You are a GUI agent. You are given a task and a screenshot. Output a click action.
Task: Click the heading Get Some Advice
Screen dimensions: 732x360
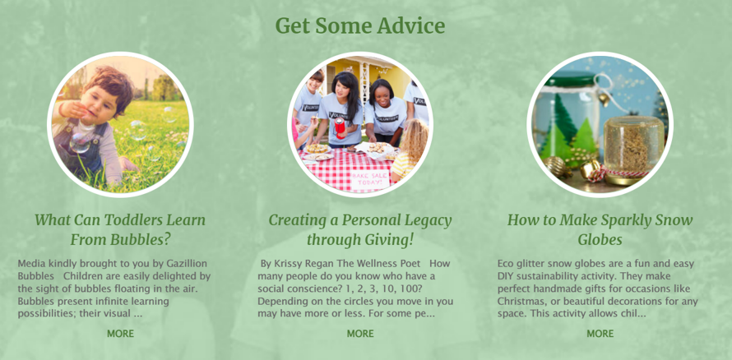point(360,26)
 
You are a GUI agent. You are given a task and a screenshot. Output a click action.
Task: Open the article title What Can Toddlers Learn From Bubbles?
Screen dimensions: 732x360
point(120,229)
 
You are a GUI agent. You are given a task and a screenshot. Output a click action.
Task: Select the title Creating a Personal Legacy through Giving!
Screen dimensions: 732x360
point(360,229)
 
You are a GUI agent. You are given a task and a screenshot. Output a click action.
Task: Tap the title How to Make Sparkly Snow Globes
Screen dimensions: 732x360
point(600,229)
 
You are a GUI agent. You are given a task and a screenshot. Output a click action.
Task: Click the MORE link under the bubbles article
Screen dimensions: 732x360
point(120,334)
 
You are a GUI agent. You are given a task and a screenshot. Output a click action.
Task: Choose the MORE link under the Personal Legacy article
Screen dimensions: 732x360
point(360,334)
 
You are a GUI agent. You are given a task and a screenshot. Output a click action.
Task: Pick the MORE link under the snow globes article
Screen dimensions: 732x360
point(600,334)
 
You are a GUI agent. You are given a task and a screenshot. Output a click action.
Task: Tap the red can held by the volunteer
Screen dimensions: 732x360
point(340,127)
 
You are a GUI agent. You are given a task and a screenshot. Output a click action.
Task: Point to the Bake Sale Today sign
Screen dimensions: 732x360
point(369,179)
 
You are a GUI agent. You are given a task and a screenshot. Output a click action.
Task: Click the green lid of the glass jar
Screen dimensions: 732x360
point(573,78)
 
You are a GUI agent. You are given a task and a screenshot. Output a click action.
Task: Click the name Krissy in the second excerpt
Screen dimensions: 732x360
point(286,264)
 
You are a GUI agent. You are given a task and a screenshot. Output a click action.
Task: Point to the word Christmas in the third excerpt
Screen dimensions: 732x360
point(518,302)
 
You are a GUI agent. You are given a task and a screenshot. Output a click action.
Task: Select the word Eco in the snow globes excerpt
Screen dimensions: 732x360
point(506,264)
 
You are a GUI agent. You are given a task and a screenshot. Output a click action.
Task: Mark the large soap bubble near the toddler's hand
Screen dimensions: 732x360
point(79,142)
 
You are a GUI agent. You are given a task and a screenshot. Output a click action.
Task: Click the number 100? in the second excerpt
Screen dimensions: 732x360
point(411,288)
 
